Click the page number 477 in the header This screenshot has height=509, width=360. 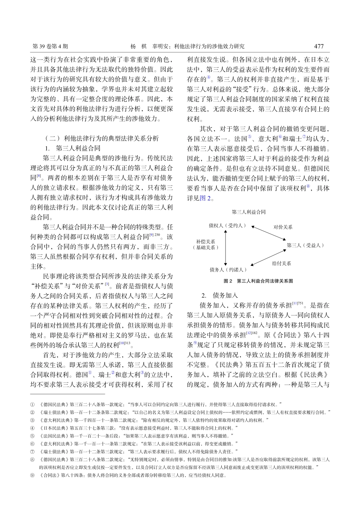point(319,46)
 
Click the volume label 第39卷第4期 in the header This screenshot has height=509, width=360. point(50,47)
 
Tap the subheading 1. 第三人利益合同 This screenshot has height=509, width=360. point(73,148)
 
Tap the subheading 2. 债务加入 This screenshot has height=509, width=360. point(219,295)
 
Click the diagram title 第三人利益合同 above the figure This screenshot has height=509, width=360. point(249,212)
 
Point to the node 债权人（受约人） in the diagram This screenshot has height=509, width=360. point(227,226)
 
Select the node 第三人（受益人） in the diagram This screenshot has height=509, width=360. point(305,245)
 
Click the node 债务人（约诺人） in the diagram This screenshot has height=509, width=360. point(228,270)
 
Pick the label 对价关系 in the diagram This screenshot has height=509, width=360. point(283,227)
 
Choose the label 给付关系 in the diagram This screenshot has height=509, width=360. point(281,263)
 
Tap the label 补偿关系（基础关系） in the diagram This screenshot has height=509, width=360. point(205,244)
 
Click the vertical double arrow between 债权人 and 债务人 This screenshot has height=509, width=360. point(226,248)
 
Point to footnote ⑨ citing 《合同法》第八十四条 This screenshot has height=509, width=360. point(129,475)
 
